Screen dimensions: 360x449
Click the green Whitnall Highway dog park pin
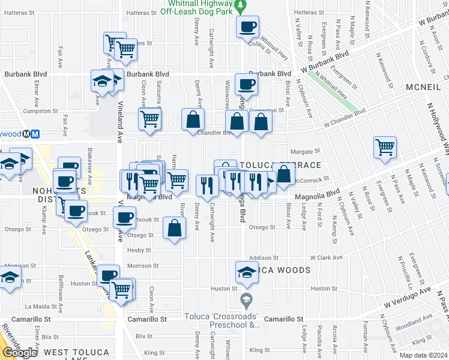240,7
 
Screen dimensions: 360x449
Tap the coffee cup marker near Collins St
247,26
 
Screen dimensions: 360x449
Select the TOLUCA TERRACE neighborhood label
280,164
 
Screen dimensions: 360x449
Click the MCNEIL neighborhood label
423,87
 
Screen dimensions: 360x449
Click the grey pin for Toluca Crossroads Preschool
245,298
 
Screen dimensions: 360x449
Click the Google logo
20,353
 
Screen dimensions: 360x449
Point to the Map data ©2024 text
423,355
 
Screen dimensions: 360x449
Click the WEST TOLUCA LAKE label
77,352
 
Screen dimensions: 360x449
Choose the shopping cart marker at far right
385,147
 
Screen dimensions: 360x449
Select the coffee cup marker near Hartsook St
125,217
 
